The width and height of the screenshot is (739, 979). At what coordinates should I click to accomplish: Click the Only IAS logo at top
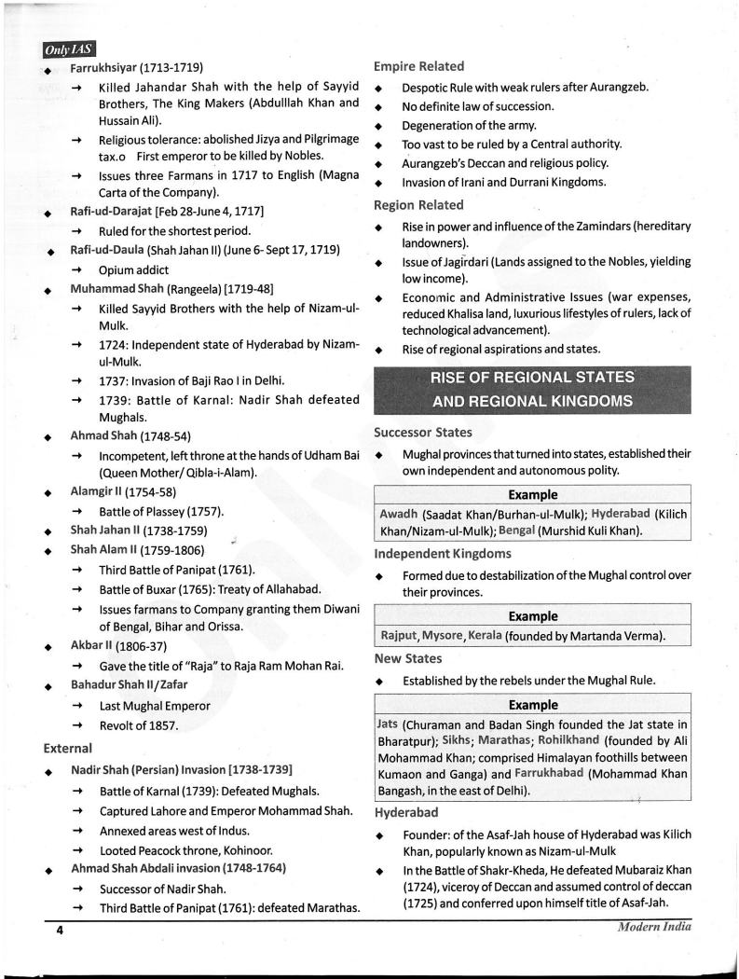tap(68, 49)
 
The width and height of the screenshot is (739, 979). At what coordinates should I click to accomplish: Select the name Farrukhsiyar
tap(103, 67)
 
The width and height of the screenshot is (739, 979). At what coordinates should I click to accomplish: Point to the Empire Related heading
tap(418, 66)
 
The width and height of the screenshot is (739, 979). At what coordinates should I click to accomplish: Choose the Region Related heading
tap(418, 204)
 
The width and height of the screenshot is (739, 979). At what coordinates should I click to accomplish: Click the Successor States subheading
tap(422, 433)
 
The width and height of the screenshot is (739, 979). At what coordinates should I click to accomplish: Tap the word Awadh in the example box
tap(399, 514)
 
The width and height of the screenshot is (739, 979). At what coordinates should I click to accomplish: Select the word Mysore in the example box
tap(445, 636)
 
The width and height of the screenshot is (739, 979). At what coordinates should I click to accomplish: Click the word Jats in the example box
tap(387, 724)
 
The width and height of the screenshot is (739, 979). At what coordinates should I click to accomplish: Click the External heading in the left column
tap(67, 748)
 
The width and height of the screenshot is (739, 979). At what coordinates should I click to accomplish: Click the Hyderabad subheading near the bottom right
tap(406, 812)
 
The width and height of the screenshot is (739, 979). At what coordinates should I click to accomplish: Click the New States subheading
tap(406, 658)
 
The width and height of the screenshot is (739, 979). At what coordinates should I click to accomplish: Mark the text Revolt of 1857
tap(138, 724)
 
